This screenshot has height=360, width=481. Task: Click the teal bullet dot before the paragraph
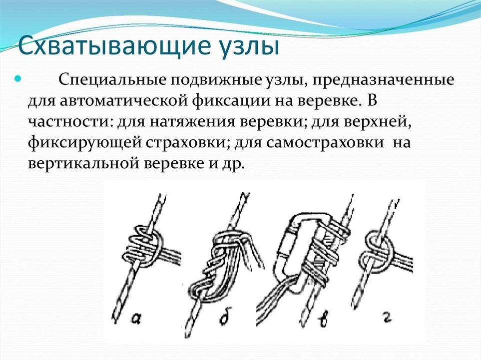(x=18, y=79)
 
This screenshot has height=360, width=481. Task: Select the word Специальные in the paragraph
(x=112, y=80)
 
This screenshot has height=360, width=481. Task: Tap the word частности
(x=68, y=122)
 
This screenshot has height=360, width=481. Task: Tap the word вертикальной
(x=84, y=163)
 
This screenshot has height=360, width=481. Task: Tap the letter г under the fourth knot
(x=389, y=318)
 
